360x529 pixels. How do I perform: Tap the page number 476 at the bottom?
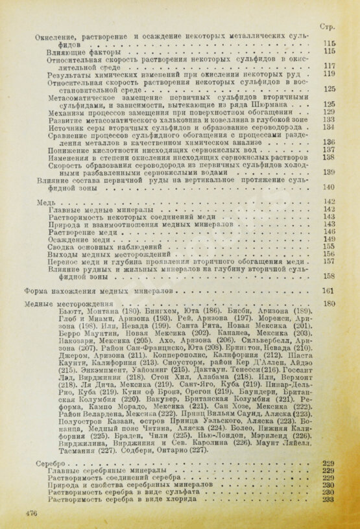[30, 512]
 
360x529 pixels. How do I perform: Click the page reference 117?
[328, 66]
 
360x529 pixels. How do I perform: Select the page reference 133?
[328, 119]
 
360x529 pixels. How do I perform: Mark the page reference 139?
[328, 172]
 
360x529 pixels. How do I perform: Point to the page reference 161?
[328, 291]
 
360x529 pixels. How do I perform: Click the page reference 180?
[328, 304]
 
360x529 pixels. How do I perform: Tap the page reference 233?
[328, 482]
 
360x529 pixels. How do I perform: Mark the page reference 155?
[328, 247]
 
